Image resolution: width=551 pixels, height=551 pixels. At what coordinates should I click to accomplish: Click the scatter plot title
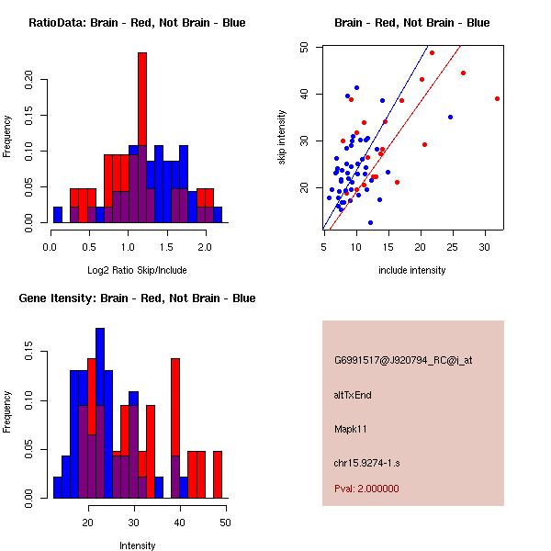pyautogui.click(x=411, y=23)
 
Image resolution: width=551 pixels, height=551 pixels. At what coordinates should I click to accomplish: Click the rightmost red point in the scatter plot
pyautogui.click(x=497, y=98)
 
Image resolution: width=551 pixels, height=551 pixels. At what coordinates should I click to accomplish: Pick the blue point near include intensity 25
pyautogui.click(x=450, y=117)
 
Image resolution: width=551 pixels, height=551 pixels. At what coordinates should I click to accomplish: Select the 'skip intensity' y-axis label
pyautogui.click(x=282, y=138)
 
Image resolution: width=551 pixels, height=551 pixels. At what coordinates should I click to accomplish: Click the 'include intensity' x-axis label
pyautogui.click(x=411, y=270)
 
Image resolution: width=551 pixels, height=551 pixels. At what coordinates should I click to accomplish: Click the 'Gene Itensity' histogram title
pyautogui.click(x=137, y=298)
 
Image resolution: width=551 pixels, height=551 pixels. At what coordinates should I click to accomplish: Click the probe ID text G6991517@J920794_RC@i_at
pyautogui.click(x=403, y=361)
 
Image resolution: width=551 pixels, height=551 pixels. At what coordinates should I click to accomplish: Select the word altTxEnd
pyautogui.click(x=353, y=395)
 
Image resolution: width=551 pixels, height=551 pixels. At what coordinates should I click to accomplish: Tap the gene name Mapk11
pyautogui.click(x=351, y=429)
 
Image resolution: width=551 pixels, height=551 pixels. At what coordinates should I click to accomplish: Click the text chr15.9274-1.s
pyautogui.click(x=365, y=463)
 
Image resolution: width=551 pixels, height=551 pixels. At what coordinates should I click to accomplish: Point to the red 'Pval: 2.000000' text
pyautogui.click(x=366, y=489)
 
